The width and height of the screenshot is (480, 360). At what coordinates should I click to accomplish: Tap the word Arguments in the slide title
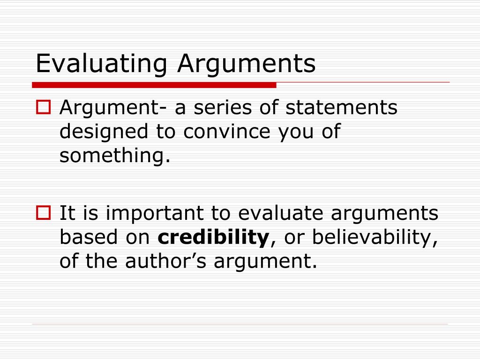point(246,64)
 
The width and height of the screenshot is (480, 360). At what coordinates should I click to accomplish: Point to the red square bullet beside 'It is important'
point(44,214)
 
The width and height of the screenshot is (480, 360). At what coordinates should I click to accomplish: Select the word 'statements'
point(341,108)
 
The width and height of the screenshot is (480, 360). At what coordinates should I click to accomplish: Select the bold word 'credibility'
point(212,238)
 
